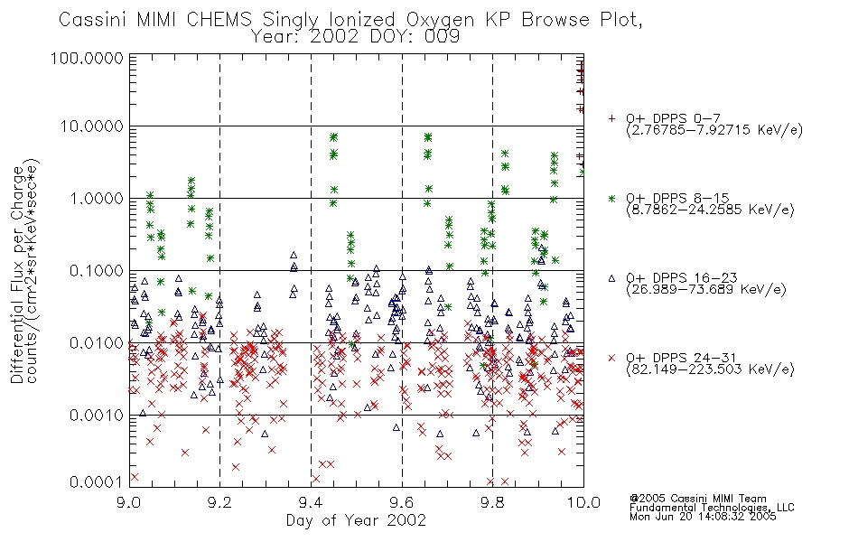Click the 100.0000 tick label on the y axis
tap(87, 58)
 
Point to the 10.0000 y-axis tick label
tap(92, 126)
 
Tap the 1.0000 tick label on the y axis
tap(97, 198)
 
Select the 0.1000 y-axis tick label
tap(97, 270)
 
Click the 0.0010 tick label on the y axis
tap(97, 415)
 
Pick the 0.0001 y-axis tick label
tap(97, 482)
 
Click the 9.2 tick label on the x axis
tap(219, 502)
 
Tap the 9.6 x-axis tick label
tap(402, 502)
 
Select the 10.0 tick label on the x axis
tap(583, 502)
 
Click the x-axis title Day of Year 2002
tap(356, 520)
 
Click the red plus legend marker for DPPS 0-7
tap(611, 118)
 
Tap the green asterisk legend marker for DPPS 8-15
tap(611, 198)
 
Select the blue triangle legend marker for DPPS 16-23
tap(611, 278)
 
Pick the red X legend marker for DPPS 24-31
tap(611, 358)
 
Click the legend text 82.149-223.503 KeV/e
tap(710, 369)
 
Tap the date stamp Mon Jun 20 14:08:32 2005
tap(703, 517)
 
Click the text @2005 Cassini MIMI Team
tap(697, 499)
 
